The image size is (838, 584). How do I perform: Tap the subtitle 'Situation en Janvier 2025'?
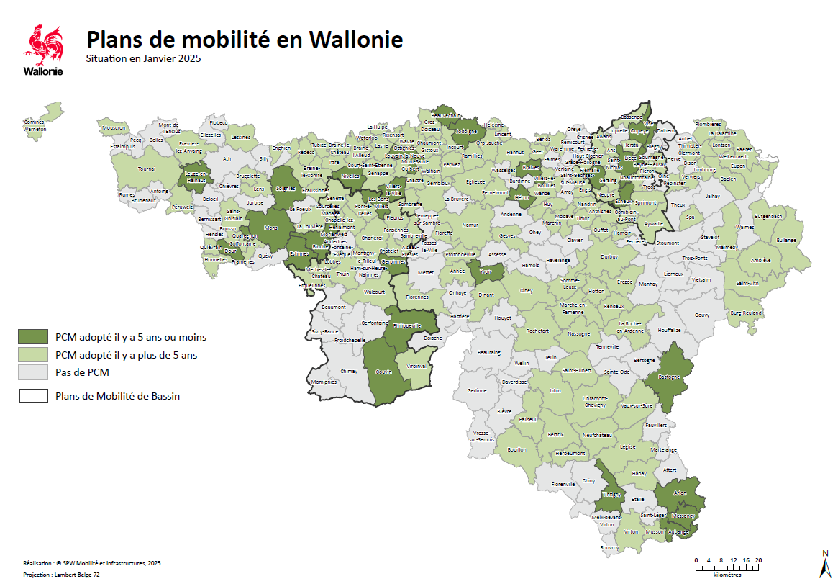point(142,58)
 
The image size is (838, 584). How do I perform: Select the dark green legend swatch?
point(34,336)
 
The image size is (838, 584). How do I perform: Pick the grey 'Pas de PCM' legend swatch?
point(34,372)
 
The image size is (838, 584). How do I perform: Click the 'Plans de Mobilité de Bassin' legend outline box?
point(34,396)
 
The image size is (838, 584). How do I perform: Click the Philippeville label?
point(406,325)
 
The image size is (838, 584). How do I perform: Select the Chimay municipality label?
point(348,372)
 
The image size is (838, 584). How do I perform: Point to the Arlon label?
point(680,493)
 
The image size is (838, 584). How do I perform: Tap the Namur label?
point(470,225)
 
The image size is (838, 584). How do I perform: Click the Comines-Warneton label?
point(34,124)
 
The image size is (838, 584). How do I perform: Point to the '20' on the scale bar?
point(758,560)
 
